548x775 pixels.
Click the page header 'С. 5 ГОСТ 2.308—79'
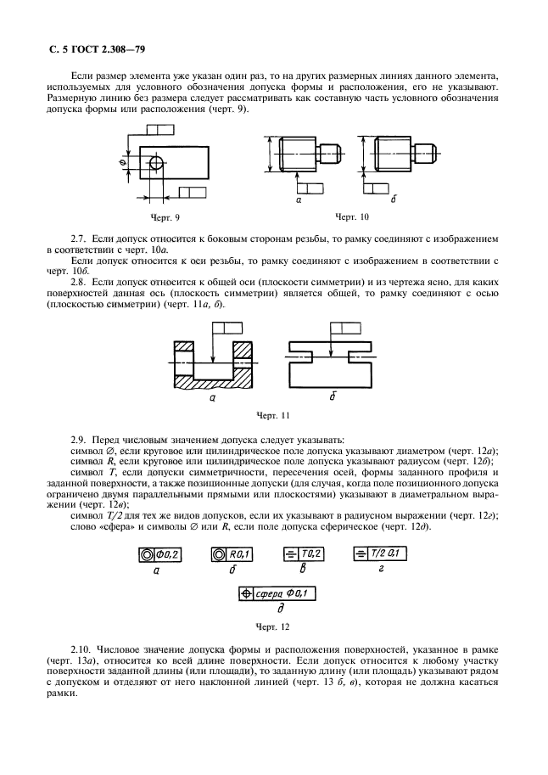(x=98, y=50)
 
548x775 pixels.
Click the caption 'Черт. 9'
(x=165, y=217)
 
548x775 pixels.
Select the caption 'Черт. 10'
(x=352, y=216)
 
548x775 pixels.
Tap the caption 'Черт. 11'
(x=273, y=416)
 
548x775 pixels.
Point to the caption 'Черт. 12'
(x=273, y=627)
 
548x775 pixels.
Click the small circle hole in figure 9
(x=156, y=163)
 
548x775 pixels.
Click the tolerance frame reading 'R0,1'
(x=232, y=555)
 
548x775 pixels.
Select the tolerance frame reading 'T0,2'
(x=304, y=554)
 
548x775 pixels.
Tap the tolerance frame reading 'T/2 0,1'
(x=380, y=554)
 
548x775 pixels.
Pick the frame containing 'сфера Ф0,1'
(x=277, y=593)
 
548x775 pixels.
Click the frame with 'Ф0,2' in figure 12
(x=159, y=555)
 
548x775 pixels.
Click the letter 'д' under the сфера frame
(x=280, y=609)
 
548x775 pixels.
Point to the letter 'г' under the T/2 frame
(x=380, y=569)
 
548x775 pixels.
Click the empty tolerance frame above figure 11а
(x=227, y=329)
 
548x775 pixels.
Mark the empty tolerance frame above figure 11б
(x=345, y=329)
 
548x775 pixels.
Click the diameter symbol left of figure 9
(x=121, y=163)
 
